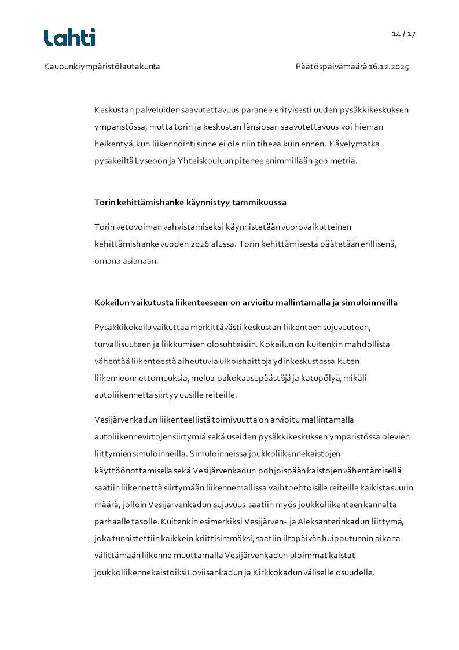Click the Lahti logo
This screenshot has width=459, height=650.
point(69,38)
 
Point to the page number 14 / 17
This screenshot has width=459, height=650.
point(403,34)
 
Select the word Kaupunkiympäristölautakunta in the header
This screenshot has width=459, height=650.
point(102,67)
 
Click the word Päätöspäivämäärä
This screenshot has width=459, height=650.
point(331,67)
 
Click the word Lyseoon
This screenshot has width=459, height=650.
point(150,161)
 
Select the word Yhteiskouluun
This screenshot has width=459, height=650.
point(203,161)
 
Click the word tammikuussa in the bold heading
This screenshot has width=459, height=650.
point(259,203)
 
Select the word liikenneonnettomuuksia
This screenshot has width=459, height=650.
point(136,379)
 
